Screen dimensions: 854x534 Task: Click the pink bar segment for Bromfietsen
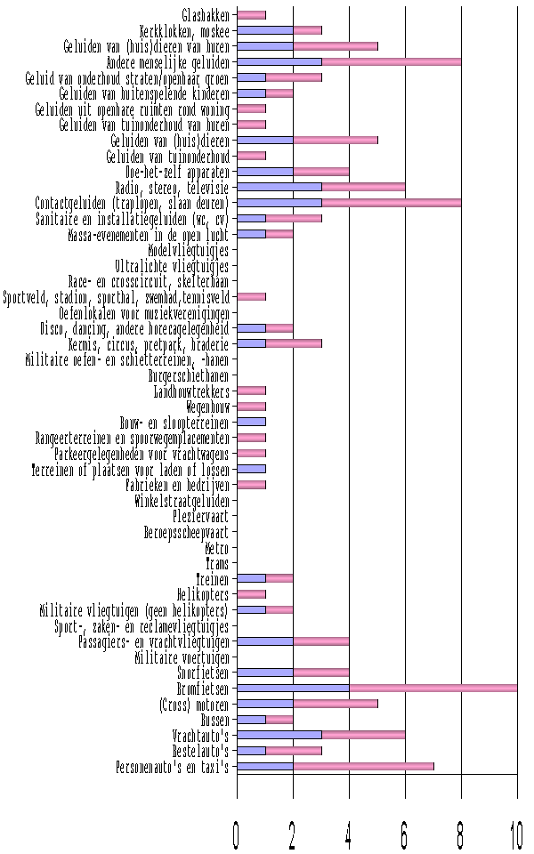coord(433,688)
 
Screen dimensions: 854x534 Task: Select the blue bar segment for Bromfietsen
coord(293,688)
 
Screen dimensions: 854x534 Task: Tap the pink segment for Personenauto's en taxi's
coord(363,766)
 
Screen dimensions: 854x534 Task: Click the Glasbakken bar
coord(251,15)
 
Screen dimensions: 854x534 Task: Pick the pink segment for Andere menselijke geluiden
coord(392,62)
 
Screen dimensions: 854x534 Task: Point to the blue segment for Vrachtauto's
coord(279,735)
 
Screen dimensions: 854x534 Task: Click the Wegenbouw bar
coord(251,407)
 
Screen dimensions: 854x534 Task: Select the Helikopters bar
coord(251,594)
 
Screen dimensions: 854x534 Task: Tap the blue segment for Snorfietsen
coord(264,673)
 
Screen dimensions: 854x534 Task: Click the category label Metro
coord(216,548)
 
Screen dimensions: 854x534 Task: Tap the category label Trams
coord(216,563)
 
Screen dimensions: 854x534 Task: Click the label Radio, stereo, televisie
coord(172,187)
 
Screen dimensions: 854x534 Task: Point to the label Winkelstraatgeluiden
coord(182,501)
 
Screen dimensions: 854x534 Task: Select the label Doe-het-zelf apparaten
coord(178,172)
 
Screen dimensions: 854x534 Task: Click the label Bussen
coord(214,720)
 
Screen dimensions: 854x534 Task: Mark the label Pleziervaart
coord(200,516)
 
